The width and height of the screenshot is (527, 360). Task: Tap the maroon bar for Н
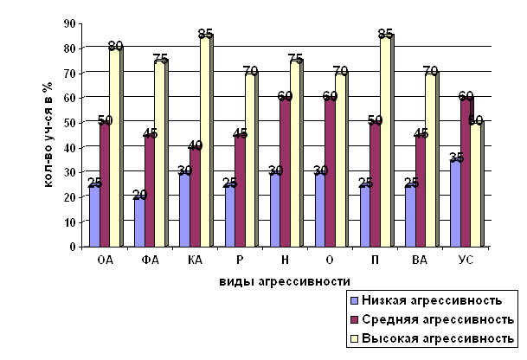[x=285, y=173]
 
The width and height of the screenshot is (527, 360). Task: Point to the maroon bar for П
[x=375, y=185]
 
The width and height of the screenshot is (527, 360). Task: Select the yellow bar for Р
[x=250, y=160]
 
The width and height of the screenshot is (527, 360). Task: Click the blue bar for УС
[x=454, y=203]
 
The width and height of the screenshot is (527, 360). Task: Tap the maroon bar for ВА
[x=420, y=191]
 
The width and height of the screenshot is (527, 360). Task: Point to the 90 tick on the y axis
[x=70, y=23]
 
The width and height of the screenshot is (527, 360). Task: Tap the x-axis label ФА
[x=148, y=258]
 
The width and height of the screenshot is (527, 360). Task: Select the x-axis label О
[x=328, y=258]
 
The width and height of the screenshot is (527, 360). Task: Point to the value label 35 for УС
[x=457, y=157]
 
